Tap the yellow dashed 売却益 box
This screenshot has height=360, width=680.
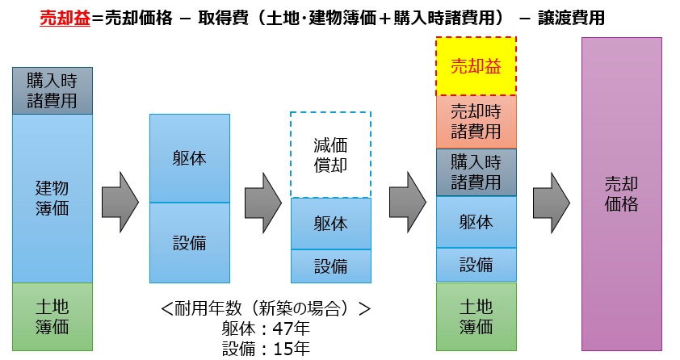click(476, 66)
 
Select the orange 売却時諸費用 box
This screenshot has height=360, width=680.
click(476, 121)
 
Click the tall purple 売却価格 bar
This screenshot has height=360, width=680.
click(621, 194)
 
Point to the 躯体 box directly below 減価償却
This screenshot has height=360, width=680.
click(330, 224)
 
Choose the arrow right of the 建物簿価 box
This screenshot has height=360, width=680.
click(120, 195)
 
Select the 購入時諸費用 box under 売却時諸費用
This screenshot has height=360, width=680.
click(476, 172)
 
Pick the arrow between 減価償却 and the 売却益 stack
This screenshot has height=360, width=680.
click(408, 195)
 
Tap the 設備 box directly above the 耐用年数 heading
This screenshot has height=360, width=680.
click(190, 242)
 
